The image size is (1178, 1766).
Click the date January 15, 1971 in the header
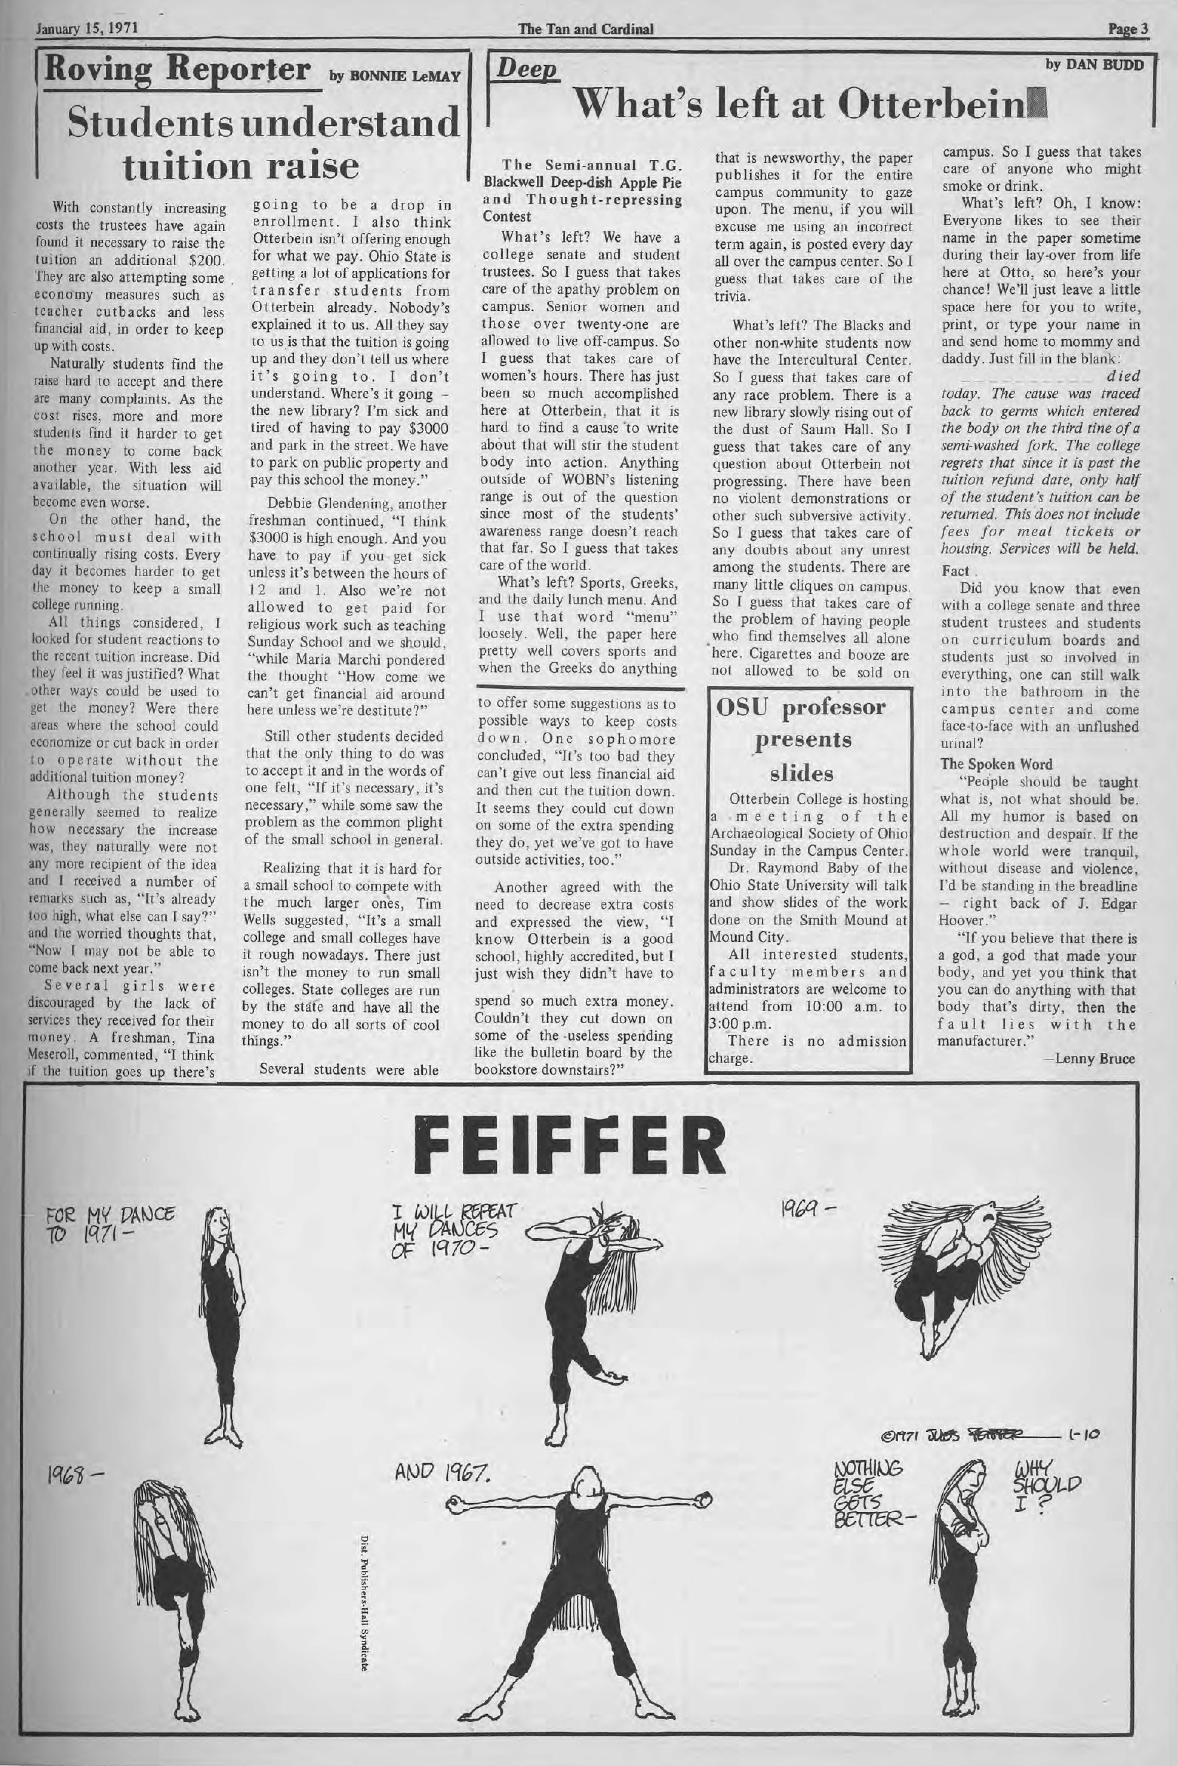(84, 30)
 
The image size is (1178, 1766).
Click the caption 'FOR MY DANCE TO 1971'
(110, 1224)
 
